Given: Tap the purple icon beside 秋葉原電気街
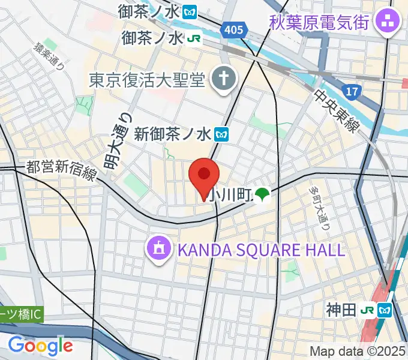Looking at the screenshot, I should coord(382,23).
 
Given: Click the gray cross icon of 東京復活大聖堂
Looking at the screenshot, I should coord(223,79).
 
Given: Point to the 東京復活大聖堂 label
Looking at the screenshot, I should coord(147,79).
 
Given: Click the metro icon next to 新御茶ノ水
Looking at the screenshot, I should coord(223,134).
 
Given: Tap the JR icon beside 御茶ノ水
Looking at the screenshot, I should coord(193,38).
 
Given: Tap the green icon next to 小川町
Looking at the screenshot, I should coord(261,194).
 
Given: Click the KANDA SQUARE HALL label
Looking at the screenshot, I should coord(259,249).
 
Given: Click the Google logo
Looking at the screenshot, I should coord(40,346).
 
